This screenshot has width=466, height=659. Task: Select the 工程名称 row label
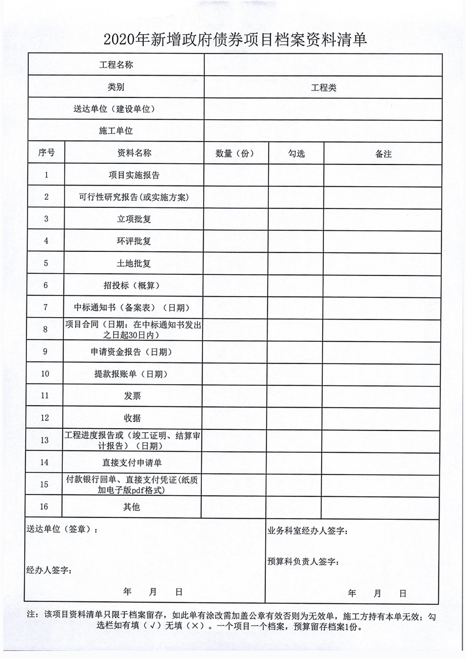tap(116, 65)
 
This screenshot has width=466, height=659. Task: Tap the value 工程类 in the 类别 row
tap(323, 88)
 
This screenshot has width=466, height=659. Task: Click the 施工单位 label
tap(116, 131)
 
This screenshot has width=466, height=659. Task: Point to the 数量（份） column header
tap(234, 153)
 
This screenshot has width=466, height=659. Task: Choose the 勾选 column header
tap(296, 153)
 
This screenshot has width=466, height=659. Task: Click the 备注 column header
tap(383, 154)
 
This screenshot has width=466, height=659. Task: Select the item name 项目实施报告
tap(134, 175)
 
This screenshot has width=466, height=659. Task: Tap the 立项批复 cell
tap(134, 219)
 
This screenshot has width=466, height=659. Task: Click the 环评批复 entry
tap(134, 241)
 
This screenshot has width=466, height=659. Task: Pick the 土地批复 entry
tap(134, 264)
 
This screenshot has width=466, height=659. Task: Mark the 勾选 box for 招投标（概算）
tap(296, 285)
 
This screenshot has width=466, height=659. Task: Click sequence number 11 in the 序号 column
tap(45, 396)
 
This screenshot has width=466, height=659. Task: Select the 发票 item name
tap(133, 396)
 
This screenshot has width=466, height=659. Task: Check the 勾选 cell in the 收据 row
tap(296, 418)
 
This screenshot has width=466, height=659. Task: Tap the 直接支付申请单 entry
tap(132, 463)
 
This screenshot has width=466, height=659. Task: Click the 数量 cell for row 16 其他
tap(234, 507)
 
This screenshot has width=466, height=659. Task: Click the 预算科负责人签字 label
tap(303, 562)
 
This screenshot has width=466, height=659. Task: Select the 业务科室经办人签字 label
tap(308, 531)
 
